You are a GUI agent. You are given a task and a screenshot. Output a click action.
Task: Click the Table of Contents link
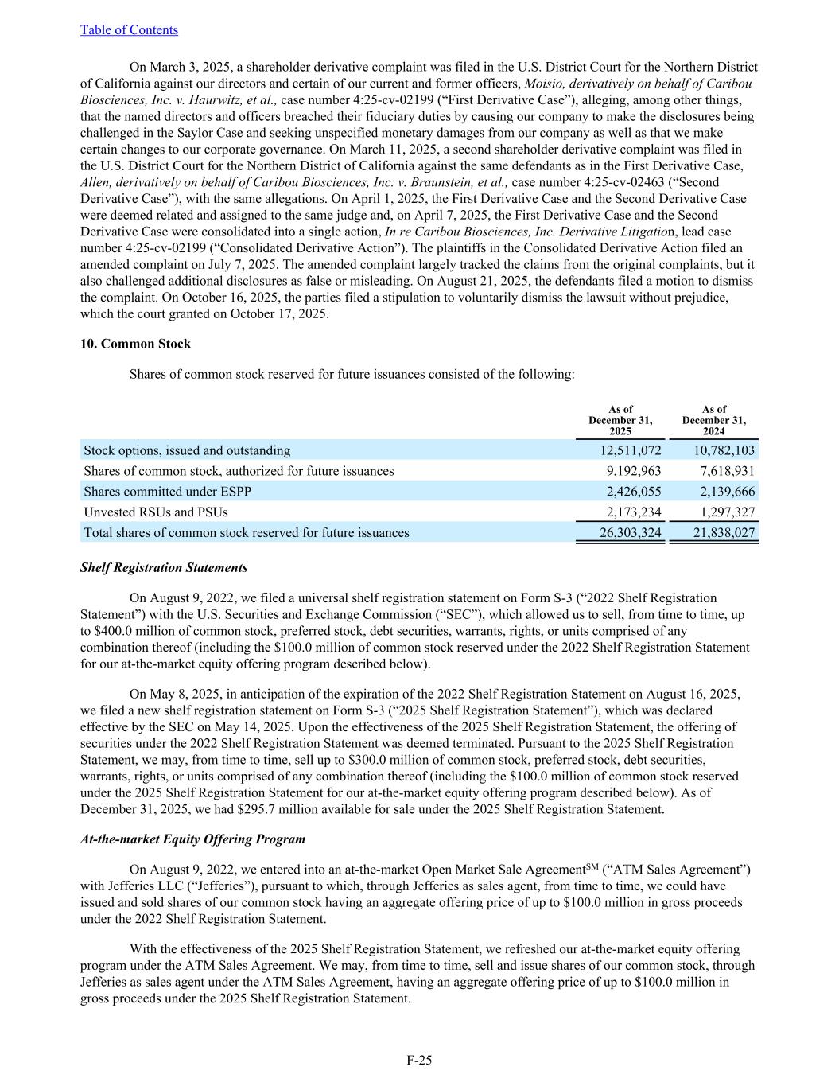(x=129, y=30)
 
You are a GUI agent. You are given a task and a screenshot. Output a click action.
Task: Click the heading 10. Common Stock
(x=135, y=344)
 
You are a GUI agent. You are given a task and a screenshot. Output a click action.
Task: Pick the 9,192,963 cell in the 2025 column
(x=634, y=471)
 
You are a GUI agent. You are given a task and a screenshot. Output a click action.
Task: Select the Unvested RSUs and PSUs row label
(x=155, y=512)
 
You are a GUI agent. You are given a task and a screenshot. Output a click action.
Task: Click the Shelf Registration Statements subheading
(x=163, y=568)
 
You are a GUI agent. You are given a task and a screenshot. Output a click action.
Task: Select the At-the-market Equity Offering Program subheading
(x=192, y=839)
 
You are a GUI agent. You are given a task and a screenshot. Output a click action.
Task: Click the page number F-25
(x=419, y=1060)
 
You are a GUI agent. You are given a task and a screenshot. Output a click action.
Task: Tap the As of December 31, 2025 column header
(x=620, y=420)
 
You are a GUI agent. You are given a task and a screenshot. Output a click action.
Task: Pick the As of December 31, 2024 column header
(x=713, y=420)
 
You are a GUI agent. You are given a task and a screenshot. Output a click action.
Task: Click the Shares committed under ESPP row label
(x=167, y=492)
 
